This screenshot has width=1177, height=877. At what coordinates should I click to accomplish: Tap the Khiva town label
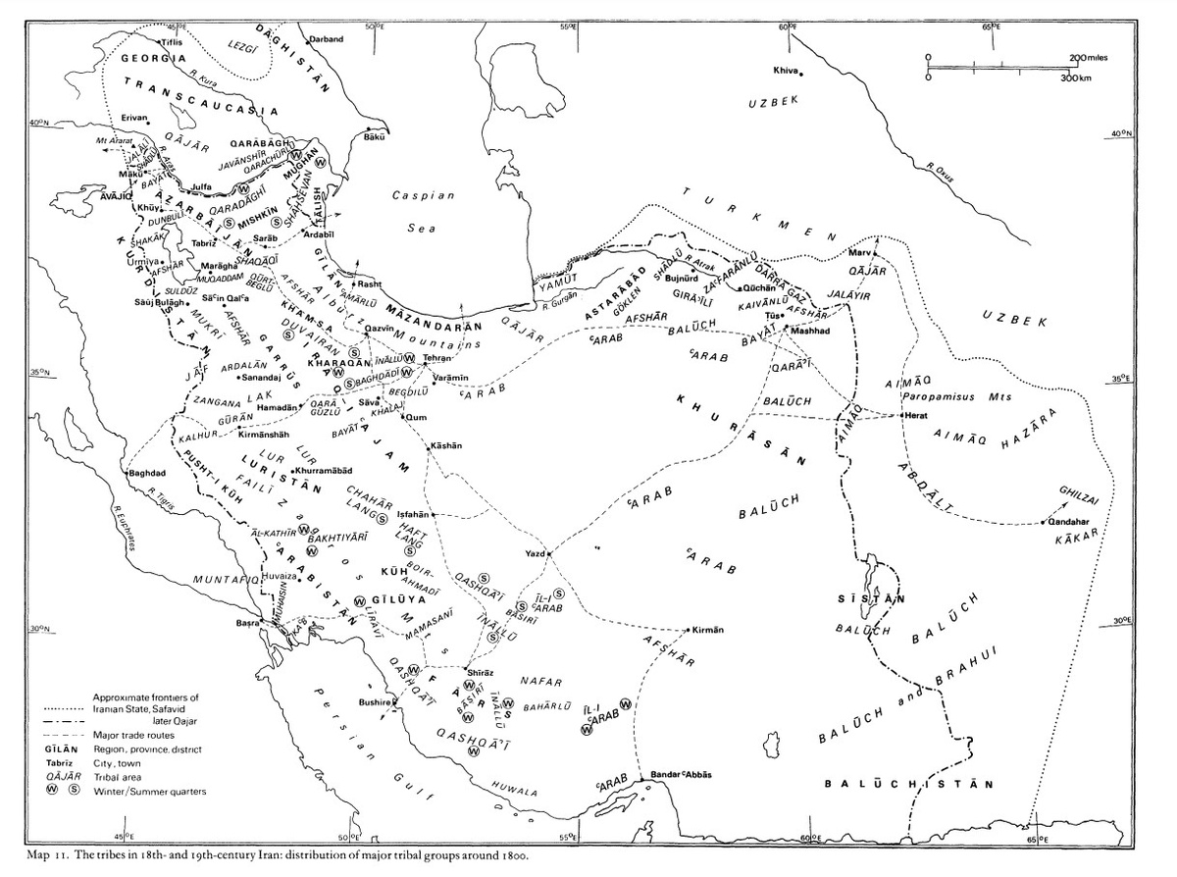785,71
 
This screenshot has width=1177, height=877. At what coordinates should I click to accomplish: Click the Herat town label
918,416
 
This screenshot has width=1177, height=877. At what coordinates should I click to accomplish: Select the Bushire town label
375,703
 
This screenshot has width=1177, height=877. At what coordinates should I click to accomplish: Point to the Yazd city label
535,554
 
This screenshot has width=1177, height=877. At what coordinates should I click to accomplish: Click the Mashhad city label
810,332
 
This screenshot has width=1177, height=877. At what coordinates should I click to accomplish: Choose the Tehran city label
438,359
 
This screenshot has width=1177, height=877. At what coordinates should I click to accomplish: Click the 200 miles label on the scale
1088,58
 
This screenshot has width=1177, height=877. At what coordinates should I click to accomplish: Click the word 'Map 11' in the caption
51,854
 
